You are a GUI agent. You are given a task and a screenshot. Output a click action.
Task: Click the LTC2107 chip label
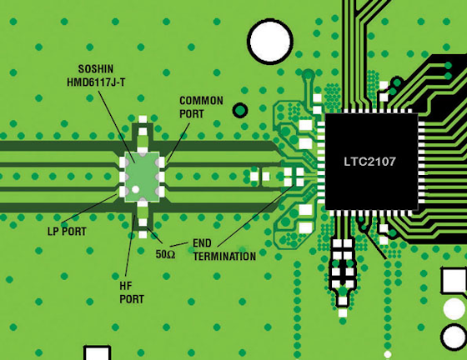(x=369, y=162)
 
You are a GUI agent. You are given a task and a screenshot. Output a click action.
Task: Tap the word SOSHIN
(x=96, y=69)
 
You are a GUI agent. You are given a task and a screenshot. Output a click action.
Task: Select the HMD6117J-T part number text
(x=96, y=82)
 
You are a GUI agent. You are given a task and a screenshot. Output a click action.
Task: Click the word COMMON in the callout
(x=201, y=101)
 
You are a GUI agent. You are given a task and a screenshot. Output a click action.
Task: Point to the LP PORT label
(x=67, y=232)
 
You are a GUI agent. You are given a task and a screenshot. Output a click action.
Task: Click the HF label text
(x=126, y=286)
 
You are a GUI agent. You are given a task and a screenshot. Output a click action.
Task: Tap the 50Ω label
(x=165, y=254)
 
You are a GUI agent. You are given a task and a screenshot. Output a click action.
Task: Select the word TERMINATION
(x=224, y=256)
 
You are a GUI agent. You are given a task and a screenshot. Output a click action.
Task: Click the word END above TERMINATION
(x=202, y=243)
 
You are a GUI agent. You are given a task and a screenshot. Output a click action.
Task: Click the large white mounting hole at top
(x=270, y=42)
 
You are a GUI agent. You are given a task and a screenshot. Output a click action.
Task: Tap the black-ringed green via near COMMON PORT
(x=240, y=110)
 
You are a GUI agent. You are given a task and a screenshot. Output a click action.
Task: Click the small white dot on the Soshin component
(x=135, y=189)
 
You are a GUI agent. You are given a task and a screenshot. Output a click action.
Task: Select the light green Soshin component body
(x=142, y=177)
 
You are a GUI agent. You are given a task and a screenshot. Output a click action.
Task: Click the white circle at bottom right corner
(x=454, y=337)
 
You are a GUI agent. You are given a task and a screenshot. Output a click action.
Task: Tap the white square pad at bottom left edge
(x=97, y=353)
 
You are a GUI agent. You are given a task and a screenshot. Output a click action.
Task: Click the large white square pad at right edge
(x=454, y=280)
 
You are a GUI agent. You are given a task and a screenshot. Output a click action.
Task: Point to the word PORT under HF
(x=132, y=299)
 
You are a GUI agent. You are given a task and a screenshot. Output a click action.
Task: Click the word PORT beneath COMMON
(x=192, y=113)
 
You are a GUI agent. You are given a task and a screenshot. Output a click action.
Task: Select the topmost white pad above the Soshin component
(x=143, y=119)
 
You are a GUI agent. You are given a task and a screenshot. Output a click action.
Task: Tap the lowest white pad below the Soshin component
(x=143, y=235)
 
